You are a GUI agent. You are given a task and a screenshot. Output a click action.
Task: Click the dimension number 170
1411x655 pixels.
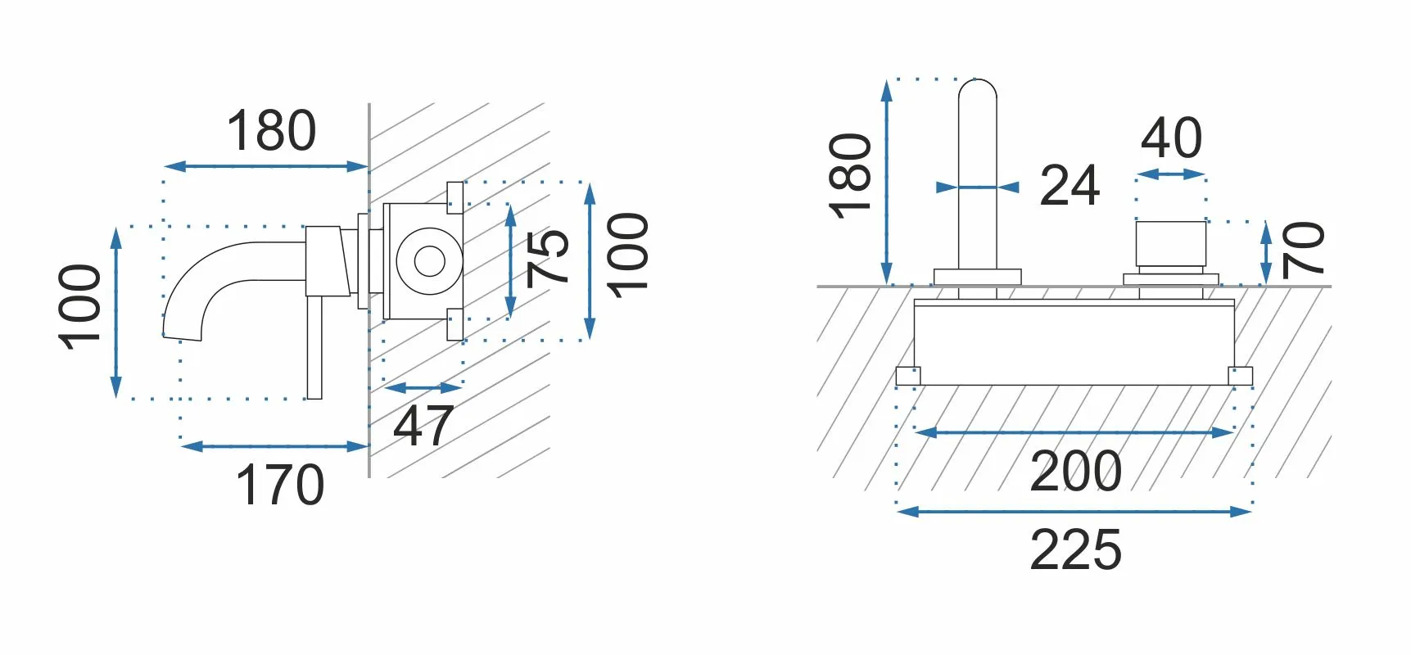coord(280,485)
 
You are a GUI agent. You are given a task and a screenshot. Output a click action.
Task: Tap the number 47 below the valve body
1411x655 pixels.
coord(423,426)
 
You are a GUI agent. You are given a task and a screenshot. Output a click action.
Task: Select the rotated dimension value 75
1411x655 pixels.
coord(548,257)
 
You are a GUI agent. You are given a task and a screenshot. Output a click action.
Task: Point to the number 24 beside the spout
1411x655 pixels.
coord(1070,186)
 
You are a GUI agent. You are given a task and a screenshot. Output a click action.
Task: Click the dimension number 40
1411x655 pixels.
coord(1172,138)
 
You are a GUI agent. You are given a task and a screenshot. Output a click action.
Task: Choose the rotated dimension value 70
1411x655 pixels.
coord(1303,250)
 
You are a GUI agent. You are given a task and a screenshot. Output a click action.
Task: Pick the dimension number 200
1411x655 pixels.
coord(1076,472)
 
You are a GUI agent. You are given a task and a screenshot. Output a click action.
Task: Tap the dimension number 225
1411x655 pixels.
coord(1076,549)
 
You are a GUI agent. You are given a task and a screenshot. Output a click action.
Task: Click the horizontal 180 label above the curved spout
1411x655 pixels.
coord(271,131)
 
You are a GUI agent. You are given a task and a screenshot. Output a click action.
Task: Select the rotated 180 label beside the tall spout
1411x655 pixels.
coord(850,176)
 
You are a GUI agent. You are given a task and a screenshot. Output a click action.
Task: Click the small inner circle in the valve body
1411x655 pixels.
coord(429,261)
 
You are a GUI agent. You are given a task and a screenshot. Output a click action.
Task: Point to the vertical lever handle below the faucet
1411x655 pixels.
coord(314,347)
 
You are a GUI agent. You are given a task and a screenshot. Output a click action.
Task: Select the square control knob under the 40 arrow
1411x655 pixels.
coord(1171,243)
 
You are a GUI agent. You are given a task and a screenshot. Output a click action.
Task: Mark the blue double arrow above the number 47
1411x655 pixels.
coord(423,387)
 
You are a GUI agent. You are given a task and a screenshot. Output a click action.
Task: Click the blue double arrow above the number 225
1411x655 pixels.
coord(1074,512)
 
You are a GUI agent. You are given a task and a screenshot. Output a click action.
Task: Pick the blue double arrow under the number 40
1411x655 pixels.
coord(1171,174)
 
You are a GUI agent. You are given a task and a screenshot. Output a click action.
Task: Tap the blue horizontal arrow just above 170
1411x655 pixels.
coord(274,446)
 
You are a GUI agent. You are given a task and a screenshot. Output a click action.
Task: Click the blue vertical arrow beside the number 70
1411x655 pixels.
coord(1266,253)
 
